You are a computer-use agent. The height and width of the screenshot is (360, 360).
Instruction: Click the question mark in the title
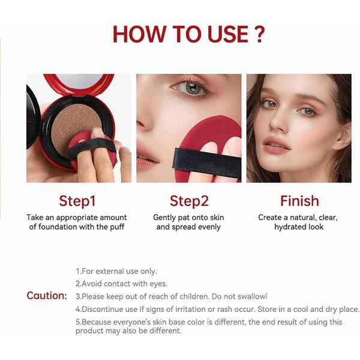[x=258, y=34]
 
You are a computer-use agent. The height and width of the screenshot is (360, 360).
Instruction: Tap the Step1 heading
[x=77, y=201]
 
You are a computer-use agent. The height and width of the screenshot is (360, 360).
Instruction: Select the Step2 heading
[x=188, y=201]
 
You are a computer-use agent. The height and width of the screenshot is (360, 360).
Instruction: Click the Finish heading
[x=299, y=201]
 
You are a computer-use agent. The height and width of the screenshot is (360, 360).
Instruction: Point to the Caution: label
[x=47, y=296]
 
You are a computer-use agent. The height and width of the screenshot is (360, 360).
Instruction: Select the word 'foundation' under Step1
[x=63, y=227]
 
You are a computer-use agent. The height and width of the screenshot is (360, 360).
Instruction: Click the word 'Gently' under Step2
[x=166, y=217]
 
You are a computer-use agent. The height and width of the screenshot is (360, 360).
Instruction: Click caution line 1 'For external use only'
[x=116, y=271]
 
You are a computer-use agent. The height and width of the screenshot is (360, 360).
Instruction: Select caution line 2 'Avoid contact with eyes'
[x=121, y=283]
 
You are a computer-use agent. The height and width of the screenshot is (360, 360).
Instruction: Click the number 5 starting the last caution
[x=78, y=322]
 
